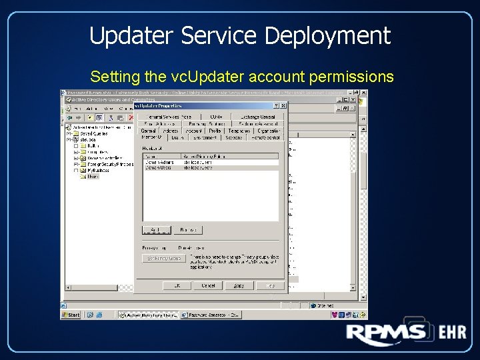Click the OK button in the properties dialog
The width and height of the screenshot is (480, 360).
tap(177, 285)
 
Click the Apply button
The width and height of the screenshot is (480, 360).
tap(239, 285)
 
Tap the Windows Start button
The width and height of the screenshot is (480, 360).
tap(71, 315)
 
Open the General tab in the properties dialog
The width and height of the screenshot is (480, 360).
tap(148, 131)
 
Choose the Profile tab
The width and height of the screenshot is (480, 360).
tap(215, 131)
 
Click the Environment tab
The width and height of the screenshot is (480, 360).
tap(205, 138)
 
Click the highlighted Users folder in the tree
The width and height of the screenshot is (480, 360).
tap(93, 177)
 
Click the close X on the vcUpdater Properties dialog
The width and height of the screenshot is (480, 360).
tap(283, 105)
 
